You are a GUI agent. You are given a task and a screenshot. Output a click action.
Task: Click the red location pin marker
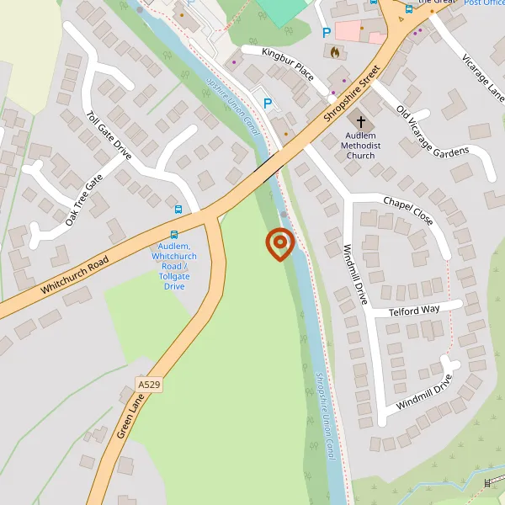279,244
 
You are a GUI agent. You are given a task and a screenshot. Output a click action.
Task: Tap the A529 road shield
149,385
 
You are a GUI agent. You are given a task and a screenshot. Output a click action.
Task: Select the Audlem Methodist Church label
363,145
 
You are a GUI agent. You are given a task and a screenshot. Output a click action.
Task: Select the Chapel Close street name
408,211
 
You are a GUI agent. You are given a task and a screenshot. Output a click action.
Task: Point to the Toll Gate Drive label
109,135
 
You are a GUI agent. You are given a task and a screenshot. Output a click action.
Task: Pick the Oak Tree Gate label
84,200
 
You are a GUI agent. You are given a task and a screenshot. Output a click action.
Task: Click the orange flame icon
335,52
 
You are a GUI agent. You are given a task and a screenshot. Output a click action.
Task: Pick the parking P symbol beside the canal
268,104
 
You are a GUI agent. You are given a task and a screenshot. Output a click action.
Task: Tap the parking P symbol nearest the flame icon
326,33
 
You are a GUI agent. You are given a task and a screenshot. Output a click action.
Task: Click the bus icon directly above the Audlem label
174,236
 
